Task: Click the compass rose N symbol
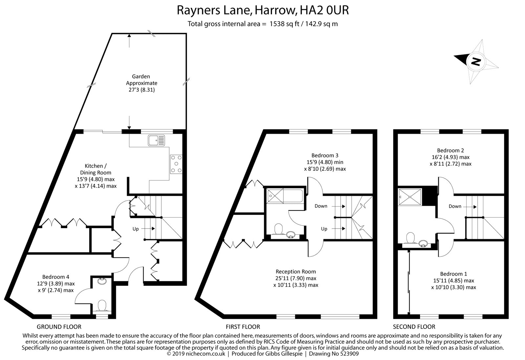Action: pos(475,61)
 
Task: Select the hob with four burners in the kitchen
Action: pos(176,164)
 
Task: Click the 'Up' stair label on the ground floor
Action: pos(136,229)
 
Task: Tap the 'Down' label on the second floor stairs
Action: pos(455,206)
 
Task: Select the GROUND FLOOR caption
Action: pos(59,327)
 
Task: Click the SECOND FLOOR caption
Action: pos(414,327)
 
